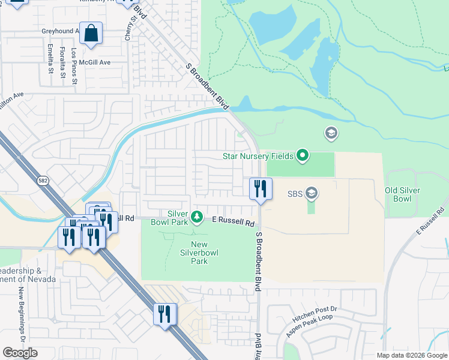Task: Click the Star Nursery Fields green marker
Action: (303, 156)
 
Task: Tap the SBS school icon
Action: (311, 193)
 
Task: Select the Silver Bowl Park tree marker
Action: (196, 215)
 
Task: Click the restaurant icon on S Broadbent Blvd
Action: (261, 188)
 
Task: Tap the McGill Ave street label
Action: (97, 62)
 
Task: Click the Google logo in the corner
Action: (20, 352)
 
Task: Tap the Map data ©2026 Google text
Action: (411, 355)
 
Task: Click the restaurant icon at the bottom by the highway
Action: (164, 314)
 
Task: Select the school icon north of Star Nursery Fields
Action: (330, 133)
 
